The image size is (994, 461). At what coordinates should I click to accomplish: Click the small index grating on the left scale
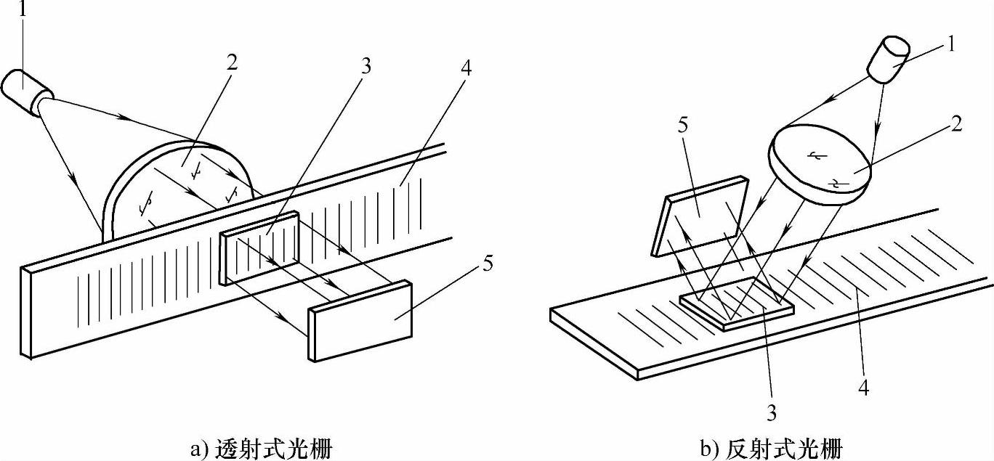point(258,247)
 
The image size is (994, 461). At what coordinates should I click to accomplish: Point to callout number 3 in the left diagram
point(366,67)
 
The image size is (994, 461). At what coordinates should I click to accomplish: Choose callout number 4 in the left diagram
point(465,69)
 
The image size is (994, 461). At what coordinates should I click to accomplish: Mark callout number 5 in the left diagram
point(487,263)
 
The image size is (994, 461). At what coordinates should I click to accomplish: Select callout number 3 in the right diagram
point(771,414)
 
